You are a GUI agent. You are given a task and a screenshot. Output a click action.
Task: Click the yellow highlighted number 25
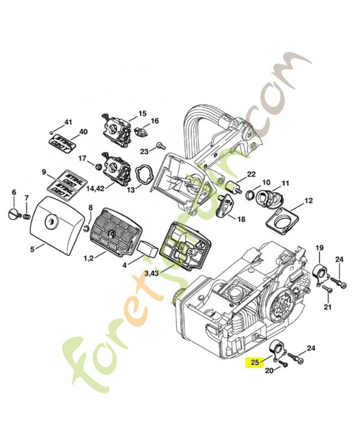(x=255, y=363)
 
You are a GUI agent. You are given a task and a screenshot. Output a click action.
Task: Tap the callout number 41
(x=68, y=122)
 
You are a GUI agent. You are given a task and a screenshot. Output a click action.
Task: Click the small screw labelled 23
(x=161, y=146)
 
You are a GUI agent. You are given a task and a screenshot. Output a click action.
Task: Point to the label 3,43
(x=152, y=273)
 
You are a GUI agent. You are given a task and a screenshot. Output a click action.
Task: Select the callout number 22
(x=251, y=174)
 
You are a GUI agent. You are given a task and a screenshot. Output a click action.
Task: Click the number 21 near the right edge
(x=327, y=307)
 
